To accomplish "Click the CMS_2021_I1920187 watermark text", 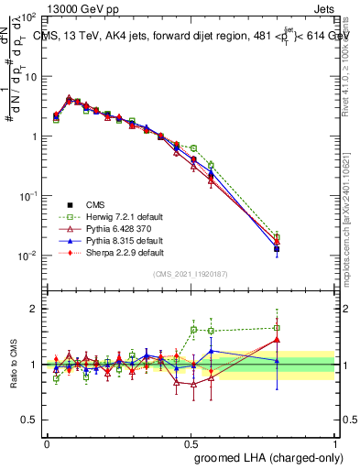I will tap(191, 274).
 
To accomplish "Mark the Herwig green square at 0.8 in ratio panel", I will tap(277, 328).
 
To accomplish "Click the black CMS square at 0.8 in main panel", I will tap(277, 248).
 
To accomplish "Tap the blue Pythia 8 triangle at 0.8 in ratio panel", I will tap(277, 361).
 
